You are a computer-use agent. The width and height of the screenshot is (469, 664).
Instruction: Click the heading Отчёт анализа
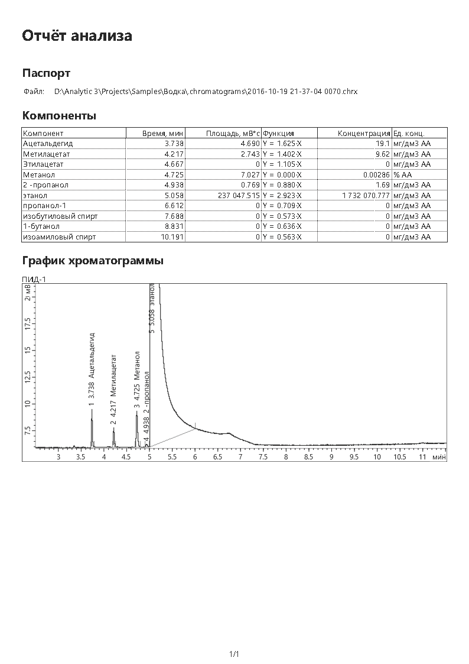pos(77,36)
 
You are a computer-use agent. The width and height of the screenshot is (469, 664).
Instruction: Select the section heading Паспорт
pos(46,73)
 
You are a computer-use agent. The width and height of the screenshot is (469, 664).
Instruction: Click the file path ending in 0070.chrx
pos(206,92)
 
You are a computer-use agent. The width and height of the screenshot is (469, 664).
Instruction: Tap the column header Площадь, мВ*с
pos(233,134)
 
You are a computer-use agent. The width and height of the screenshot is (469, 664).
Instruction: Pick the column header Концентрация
pos(364,134)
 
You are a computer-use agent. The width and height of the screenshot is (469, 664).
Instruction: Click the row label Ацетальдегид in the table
pos(48,144)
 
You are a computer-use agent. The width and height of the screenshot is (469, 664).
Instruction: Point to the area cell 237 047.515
pos(234,195)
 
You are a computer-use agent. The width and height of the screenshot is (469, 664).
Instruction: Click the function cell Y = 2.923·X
pos(282,195)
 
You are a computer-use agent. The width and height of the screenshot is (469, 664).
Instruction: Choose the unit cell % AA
pos(403,174)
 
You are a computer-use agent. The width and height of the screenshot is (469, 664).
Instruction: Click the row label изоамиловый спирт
pos(59,237)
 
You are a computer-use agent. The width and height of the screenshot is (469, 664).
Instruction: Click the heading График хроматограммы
pos(93,260)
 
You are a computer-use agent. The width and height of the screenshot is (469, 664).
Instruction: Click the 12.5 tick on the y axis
pos(27,376)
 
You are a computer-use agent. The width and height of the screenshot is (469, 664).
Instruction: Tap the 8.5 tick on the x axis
pos(308,457)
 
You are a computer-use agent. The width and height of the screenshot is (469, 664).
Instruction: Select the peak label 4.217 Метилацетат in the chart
pos(113,385)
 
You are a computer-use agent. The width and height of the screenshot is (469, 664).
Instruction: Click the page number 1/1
pos(234,654)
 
